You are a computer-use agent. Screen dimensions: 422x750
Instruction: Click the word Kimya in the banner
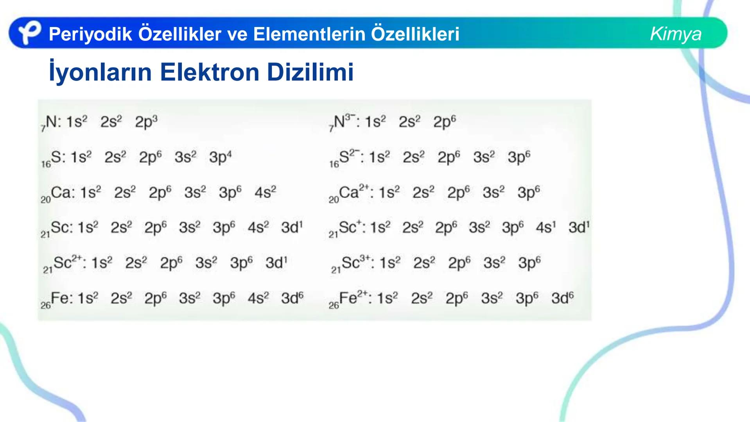pyautogui.click(x=675, y=34)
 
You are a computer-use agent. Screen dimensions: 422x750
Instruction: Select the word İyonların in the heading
pyautogui.click(x=100, y=72)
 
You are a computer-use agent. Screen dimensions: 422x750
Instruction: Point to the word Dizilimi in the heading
pyautogui.click(x=310, y=72)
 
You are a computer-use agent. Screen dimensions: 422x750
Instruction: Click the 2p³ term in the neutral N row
pyautogui.click(x=146, y=122)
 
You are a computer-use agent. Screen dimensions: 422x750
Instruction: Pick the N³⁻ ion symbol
pyautogui.click(x=342, y=122)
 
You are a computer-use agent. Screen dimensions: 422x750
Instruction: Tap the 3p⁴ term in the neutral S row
pyautogui.click(x=220, y=157)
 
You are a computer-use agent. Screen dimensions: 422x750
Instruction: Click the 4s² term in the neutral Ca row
pyautogui.click(x=265, y=192)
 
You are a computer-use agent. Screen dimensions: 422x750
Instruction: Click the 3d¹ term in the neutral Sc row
pyautogui.click(x=292, y=227)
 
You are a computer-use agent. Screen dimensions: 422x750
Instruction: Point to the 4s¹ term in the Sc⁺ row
pyautogui.click(x=545, y=227)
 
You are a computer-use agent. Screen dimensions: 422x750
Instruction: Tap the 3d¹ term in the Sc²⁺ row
pyautogui.click(x=276, y=263)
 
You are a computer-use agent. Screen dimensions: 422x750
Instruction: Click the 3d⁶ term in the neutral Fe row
pyautogui.click(x=292, y=298)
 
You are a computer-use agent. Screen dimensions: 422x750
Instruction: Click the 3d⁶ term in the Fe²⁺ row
pyautogui.click(x=562, y=298)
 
